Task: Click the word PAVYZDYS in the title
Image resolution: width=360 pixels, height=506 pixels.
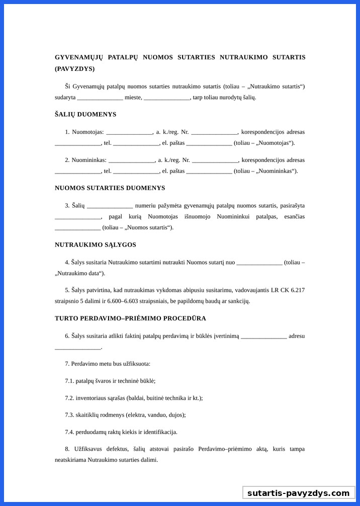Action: tap(74, 69)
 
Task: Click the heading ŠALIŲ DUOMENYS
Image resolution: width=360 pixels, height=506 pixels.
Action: tap(85, 114)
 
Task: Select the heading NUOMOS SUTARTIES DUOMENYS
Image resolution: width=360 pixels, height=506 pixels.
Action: tap(110, 188)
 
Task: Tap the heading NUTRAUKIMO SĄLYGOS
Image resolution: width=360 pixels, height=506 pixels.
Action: tap(96, 245)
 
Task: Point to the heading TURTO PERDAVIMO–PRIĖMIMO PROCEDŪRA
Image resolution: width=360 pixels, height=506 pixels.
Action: tap(130, 318)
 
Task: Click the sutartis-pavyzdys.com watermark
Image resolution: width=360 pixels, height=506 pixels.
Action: tap(298, 493)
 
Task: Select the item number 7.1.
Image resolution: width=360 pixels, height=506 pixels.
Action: tap(69, 381)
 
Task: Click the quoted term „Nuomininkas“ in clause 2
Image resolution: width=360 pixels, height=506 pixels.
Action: tap(277, 171)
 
